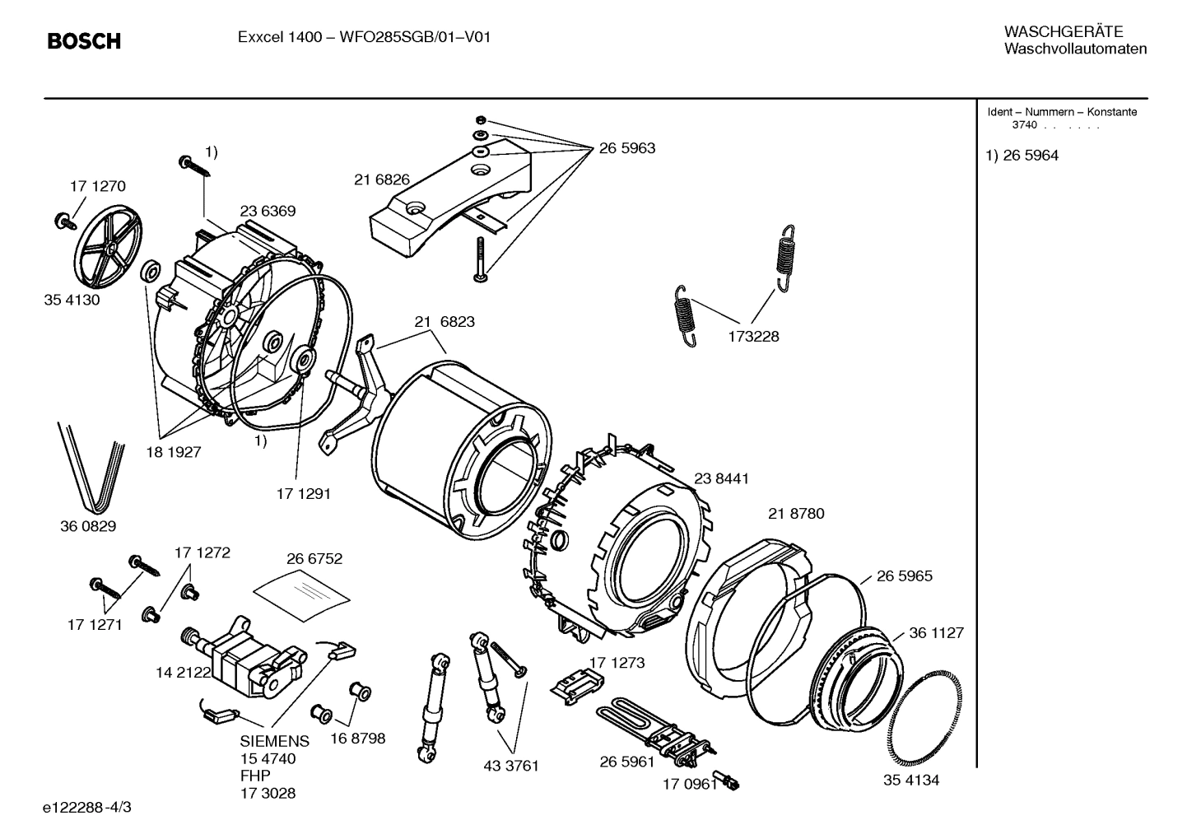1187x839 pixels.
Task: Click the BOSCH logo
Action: click(84, 40)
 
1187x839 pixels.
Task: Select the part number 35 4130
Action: click(72, 300)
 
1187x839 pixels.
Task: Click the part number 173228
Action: click(752, 336)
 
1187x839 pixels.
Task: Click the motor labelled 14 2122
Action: click(239, 654)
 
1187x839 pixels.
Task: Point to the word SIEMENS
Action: click(275, 741)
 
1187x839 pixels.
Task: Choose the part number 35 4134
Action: click(911, 781)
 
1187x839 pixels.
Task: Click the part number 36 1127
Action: click(936, 633)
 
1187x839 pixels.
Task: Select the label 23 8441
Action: click(721, 478)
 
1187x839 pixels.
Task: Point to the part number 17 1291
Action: click(303, 493)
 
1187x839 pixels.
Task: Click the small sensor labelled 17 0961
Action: click(728, 781)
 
